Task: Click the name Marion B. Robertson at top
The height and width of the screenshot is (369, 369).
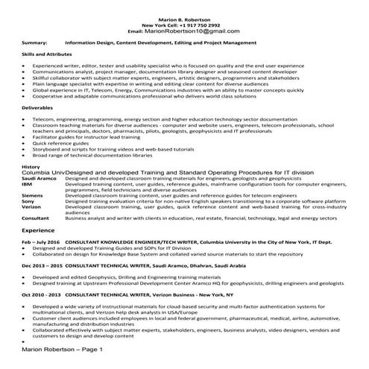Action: [184, 17]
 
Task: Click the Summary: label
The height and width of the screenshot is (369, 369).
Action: [35, 44]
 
